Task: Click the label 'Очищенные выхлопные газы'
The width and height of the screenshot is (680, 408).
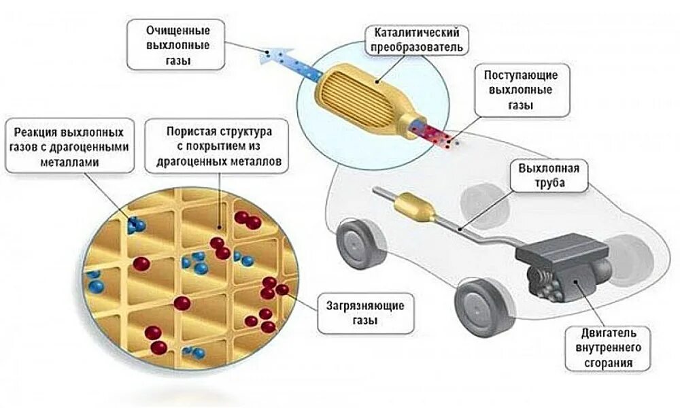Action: (177, 46)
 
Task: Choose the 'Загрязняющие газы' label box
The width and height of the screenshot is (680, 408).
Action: (364, 313)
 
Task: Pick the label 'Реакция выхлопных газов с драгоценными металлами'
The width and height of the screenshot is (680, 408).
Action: (69, 146)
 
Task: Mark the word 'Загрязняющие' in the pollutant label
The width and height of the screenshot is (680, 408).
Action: (364, 306)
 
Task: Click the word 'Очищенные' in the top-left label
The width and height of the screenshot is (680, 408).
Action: (177, 31)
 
